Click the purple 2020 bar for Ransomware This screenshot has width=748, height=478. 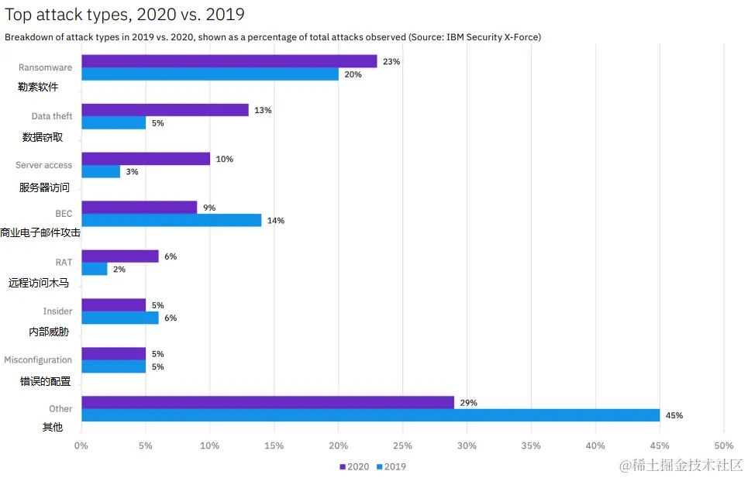tap(229, 61)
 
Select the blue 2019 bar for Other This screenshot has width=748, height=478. tap(370, 415)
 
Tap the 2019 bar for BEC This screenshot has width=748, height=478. tap(171, 220)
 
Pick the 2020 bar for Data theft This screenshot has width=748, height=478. tap(164, 110)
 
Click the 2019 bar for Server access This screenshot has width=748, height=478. tap(101, 171)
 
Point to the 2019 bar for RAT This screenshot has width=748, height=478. tap(94, 269)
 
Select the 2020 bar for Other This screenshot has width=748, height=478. tap(267, 402)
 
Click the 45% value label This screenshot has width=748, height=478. tap(674, 415)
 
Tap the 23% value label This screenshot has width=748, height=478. tap(391, 61)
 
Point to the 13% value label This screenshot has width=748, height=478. tap(262, 110)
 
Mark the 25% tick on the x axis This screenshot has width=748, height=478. tap(402, 445)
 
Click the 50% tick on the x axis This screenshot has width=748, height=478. tap(723, 445)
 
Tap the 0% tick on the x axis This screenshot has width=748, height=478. tap(81, 445)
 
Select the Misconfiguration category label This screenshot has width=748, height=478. tap(38, 359)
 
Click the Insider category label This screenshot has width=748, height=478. tap(57, 311)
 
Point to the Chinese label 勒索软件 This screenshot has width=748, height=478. tap(38, 87)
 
